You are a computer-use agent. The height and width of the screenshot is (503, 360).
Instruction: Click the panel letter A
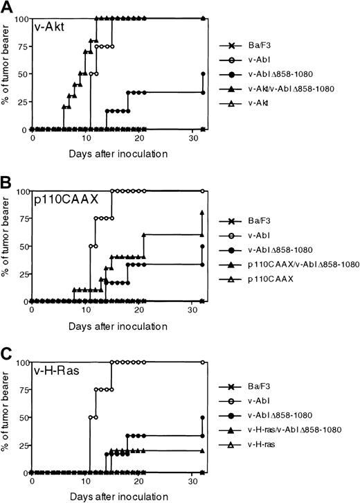[x=6, y=6]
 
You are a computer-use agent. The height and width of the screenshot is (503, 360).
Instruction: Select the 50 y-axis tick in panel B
[x=19, y=246]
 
